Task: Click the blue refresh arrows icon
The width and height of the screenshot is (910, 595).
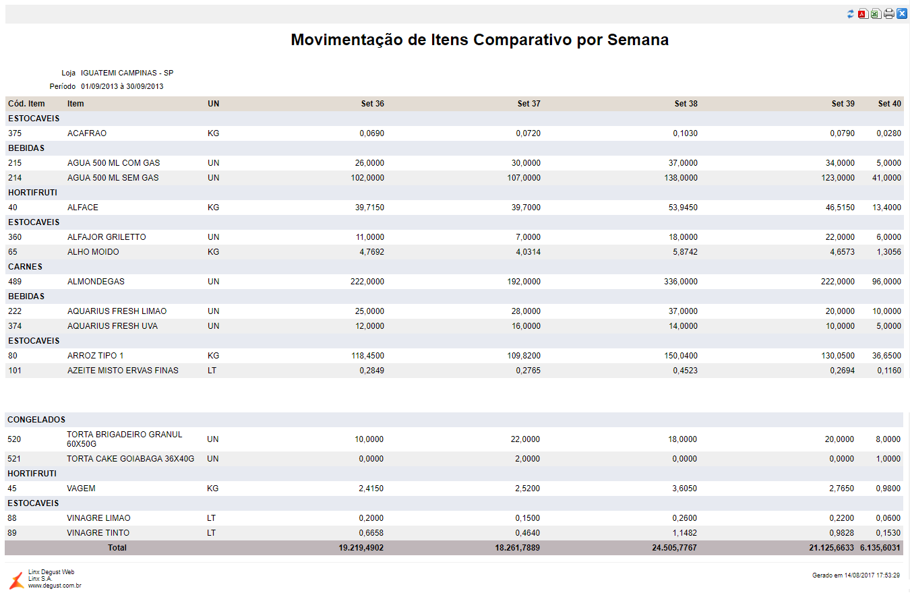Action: pos(851,14)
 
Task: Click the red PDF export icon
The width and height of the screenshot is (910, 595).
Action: pos(863,14)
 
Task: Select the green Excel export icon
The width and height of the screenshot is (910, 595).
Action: pos(876,14)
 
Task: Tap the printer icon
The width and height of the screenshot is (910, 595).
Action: pos(889,14)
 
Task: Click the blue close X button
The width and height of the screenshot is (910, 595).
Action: pos(902,13)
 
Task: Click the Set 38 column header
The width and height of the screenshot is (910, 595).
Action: pos(686,104)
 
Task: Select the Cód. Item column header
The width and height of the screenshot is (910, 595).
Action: pos(26,104)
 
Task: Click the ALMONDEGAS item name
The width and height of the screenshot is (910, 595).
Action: pos(96,282)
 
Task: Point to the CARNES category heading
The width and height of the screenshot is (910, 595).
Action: pos(25,267)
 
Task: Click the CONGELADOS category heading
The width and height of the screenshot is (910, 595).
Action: pos(36,420)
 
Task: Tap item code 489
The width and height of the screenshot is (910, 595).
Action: pos(15,282)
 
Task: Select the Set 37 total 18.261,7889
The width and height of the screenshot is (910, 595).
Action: pos(517,548)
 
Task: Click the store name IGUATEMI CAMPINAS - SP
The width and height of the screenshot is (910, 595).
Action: pos(127,73)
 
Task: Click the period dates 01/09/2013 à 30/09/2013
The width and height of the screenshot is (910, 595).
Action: pos(122,86)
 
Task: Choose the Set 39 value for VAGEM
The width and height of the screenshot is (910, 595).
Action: pos(840,489)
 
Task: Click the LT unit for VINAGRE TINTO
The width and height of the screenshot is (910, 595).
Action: pos(212,533)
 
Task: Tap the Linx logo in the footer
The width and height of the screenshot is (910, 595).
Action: pos(16,580)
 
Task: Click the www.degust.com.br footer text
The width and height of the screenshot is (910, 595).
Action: pos(55,586)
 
